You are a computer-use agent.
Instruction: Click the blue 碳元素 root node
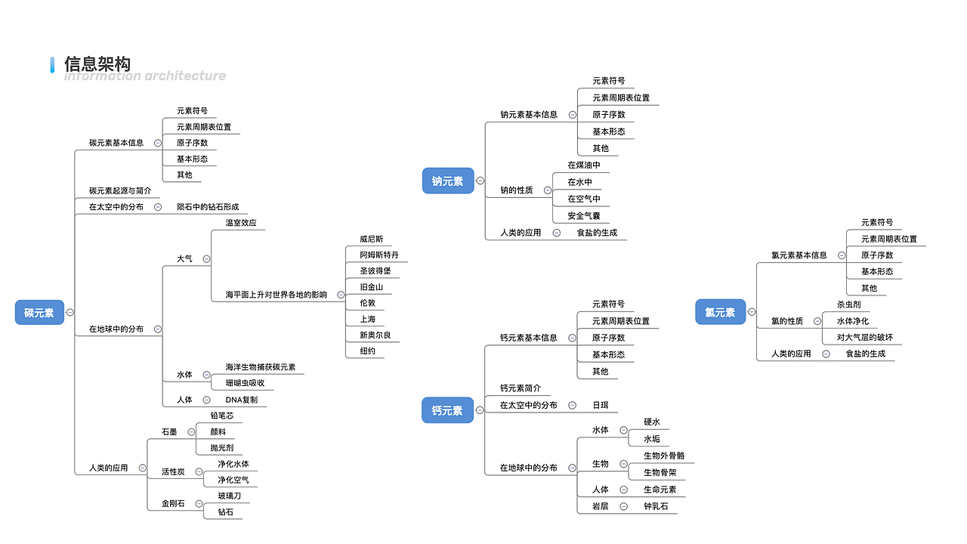[39, 312]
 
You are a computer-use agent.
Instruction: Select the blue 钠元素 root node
[447, 181]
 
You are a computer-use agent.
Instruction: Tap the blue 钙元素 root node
[447, 410]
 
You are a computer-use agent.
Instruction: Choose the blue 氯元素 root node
[720, 312]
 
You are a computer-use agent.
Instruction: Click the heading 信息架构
[97, 64]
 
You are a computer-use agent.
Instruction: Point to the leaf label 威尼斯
[372, 239]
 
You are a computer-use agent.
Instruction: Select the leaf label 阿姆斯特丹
[379, 255]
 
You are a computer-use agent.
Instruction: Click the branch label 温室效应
[241, 223]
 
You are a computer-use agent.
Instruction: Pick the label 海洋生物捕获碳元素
[261, 367]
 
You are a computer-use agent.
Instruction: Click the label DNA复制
[241, 400]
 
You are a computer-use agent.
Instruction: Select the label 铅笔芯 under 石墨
[222, 416]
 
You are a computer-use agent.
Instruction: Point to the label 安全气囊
[584, 216]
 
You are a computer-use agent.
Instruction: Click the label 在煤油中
[584, 165]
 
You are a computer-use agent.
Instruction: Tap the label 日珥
[600, 405]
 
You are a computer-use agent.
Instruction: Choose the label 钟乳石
[656, 506]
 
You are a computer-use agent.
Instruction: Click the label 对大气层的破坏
[864, 337]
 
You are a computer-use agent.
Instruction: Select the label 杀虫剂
[848, 304]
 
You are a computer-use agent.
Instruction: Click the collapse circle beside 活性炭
[199, 472]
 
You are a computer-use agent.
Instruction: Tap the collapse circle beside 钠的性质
[548, 190]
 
